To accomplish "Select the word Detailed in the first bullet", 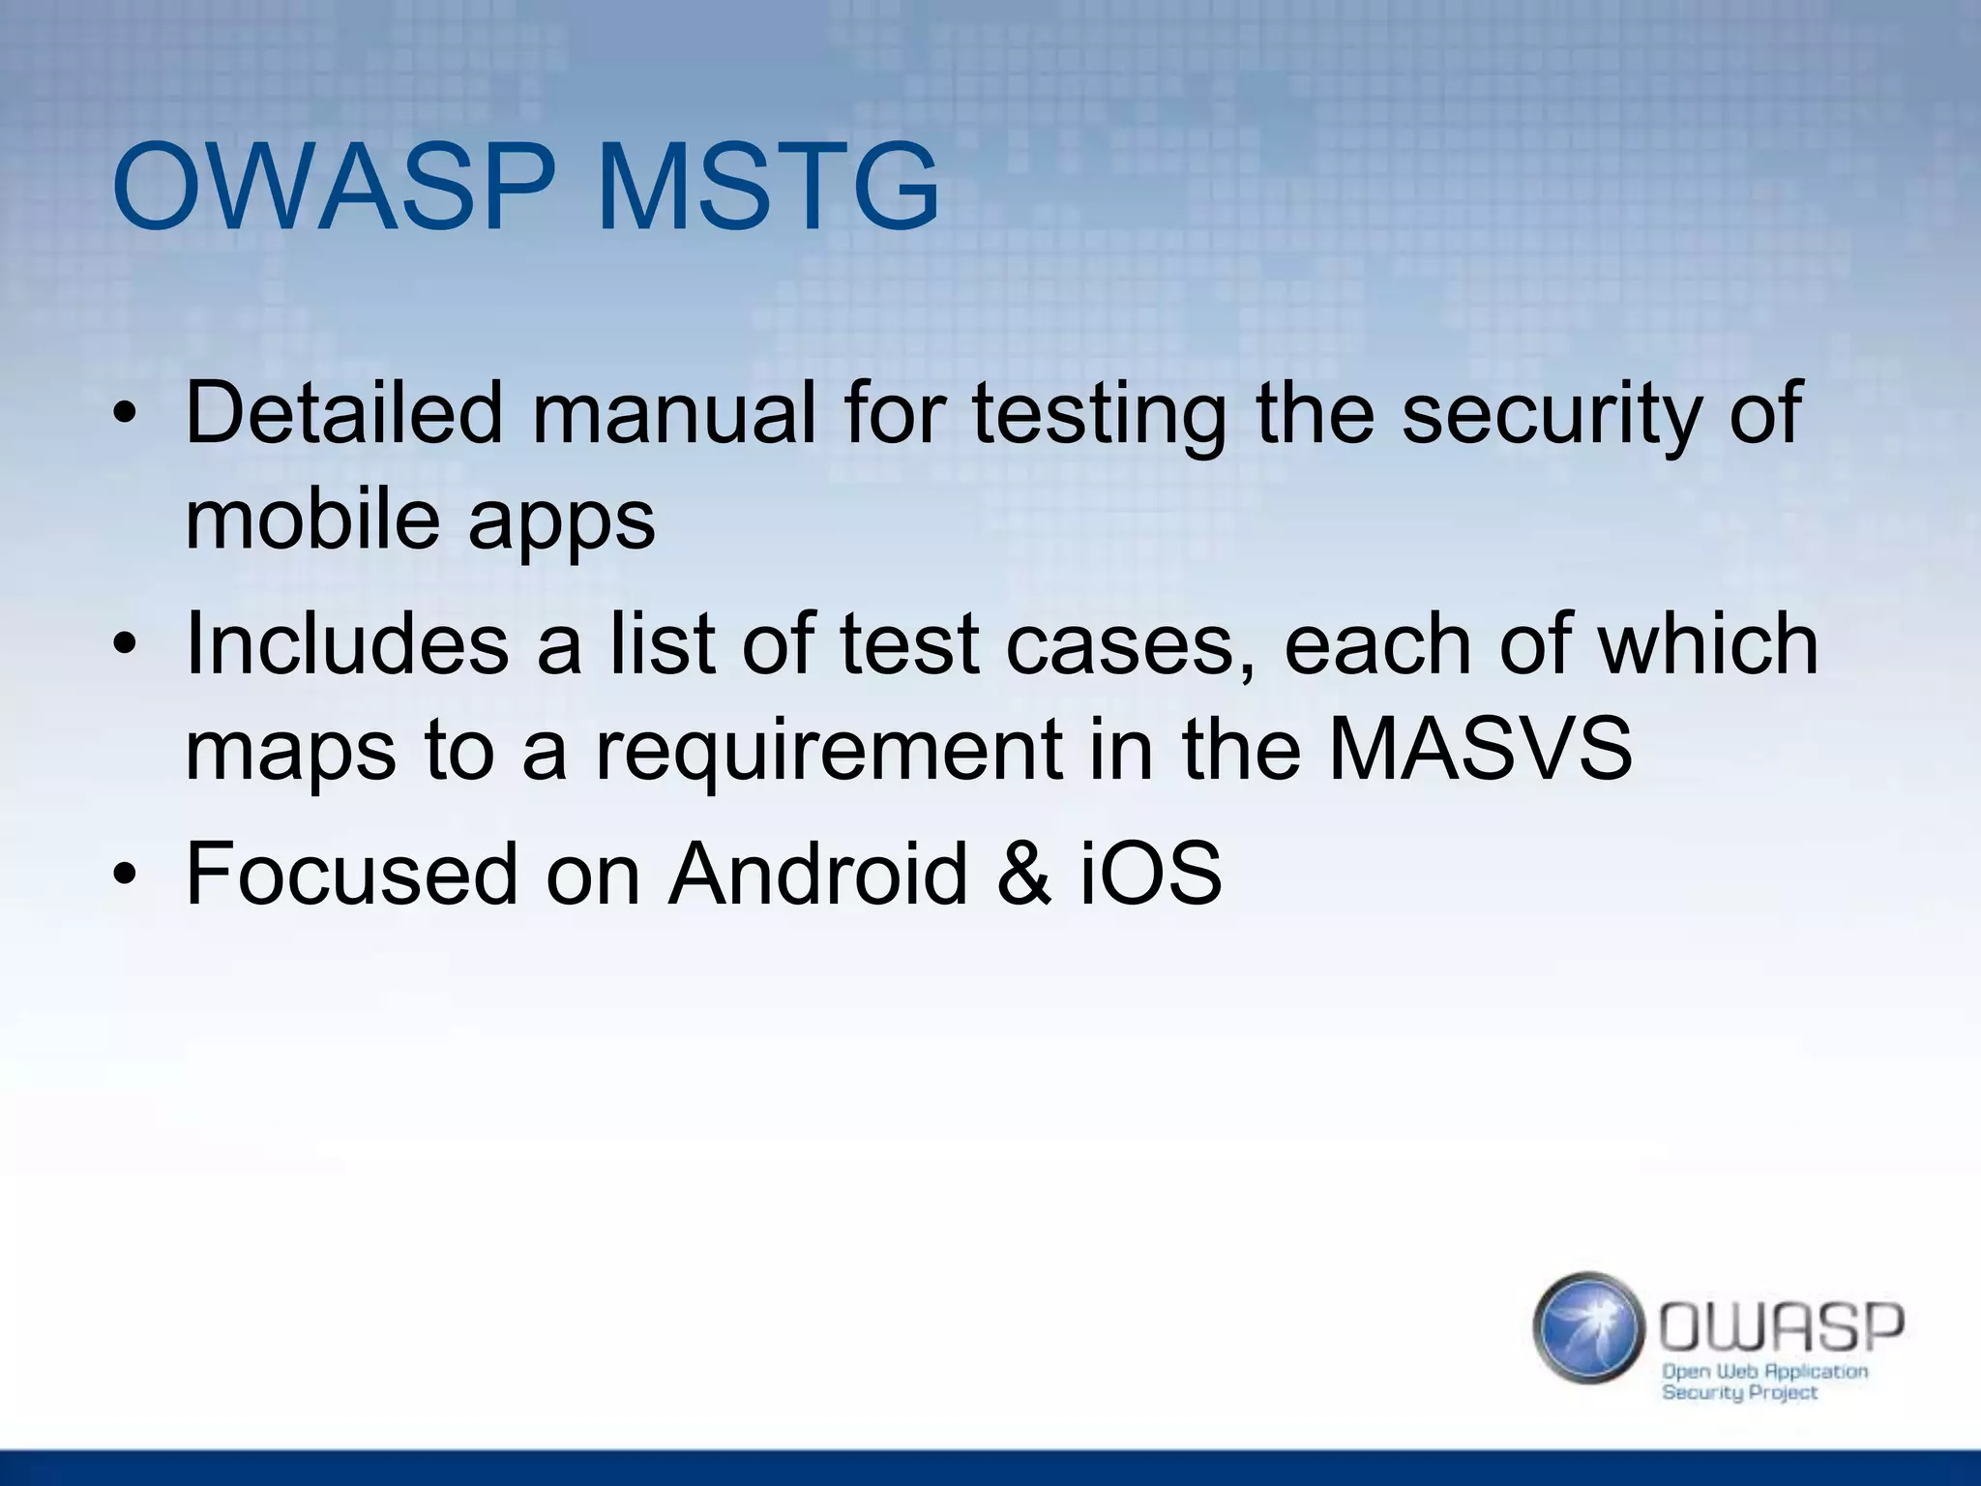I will (344, 413).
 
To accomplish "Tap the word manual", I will (674, 413).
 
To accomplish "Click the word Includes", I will (346, 644).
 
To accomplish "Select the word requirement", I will (827, 751).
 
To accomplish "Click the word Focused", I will (351, 874).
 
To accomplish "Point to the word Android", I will (817, 874).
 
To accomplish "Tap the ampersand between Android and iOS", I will (1023, 874).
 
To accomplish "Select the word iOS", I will (1151, 874).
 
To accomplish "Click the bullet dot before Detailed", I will (124, 415).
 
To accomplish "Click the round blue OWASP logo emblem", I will (1587, 1327).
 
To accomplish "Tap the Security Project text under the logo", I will (1739, 1393).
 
